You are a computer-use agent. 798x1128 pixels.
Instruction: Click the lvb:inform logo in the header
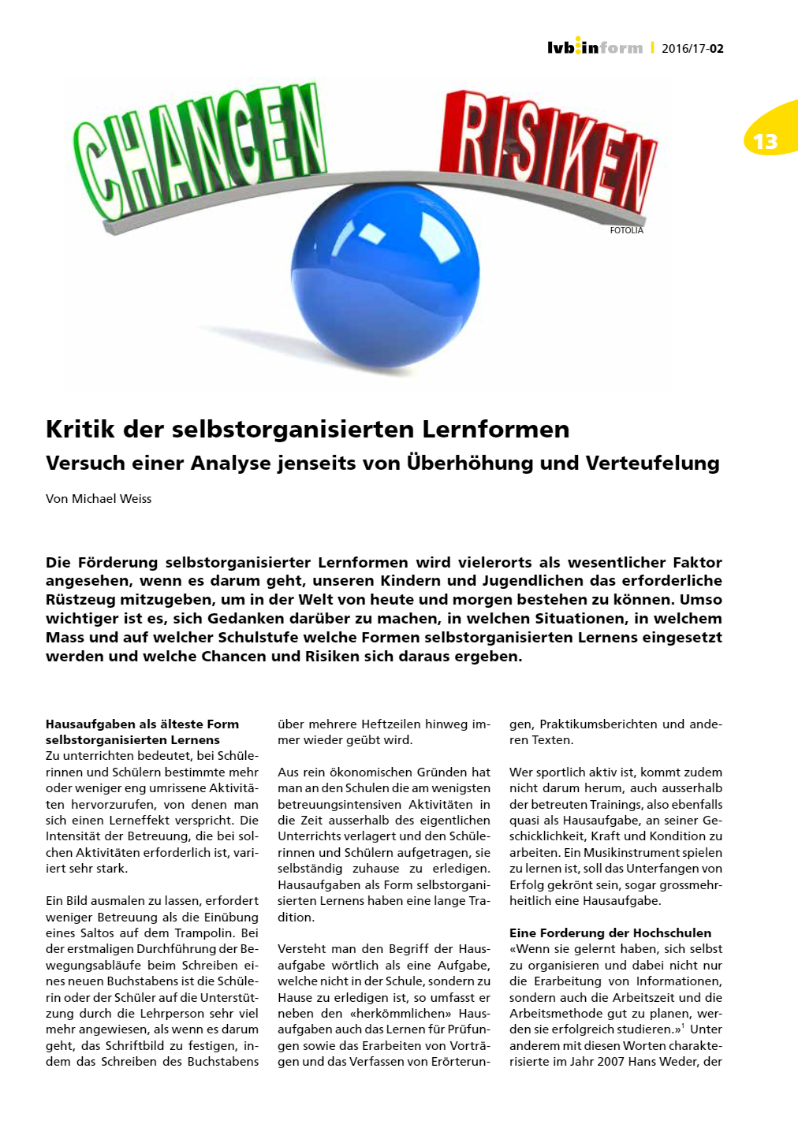(595, 47)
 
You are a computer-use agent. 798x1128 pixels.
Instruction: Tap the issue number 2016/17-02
(692, 48)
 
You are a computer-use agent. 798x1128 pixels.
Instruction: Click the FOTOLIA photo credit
(626, 230)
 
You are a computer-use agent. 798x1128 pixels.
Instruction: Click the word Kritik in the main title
(80, 430)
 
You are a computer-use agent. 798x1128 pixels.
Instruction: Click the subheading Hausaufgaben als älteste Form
(142, 724)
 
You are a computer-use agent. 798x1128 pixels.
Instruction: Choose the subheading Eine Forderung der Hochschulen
(610, 933)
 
